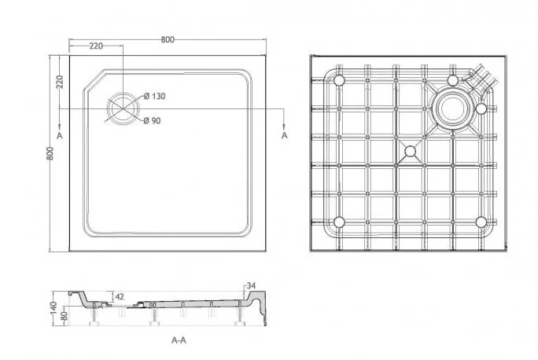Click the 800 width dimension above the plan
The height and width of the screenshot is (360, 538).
coord(169,39)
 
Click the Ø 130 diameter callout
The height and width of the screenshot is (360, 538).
coord(154,96)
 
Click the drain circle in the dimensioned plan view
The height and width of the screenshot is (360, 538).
coord(122,108)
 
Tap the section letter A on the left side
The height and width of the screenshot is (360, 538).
coord(60,135)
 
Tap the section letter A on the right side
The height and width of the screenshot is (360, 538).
coord(284,135)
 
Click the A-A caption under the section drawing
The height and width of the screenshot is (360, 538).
coord(179,340)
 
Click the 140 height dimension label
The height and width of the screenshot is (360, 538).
coord(53,307)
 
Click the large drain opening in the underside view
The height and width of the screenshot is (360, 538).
coord(451,108)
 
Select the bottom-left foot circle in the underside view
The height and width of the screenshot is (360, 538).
coord(341,222)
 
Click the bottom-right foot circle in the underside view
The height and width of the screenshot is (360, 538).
coord(480,222)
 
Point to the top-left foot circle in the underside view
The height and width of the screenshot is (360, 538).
coord(341,81)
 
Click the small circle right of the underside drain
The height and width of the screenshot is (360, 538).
coord(481,108)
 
